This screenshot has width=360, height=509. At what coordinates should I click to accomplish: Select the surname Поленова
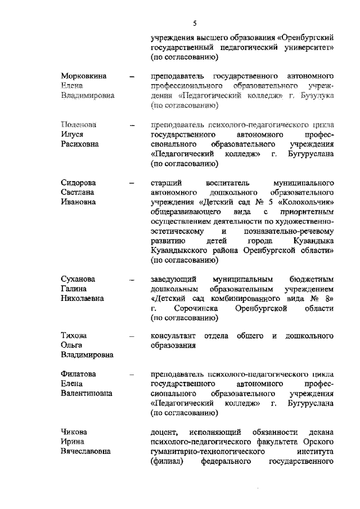tap(78, 124)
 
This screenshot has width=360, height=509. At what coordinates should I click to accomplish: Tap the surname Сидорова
tap(78, 183)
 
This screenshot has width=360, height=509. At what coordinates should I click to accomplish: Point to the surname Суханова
tap(78, 280)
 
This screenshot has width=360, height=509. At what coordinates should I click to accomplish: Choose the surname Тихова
tap(74, 336)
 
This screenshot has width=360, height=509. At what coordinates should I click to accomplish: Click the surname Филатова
tap(78, 374)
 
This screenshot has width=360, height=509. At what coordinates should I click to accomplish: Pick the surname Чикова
tap(74, 432)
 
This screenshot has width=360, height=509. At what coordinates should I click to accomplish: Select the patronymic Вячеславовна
tap(86, 452)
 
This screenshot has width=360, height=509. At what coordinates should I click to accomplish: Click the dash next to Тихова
tap(132, 336)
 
